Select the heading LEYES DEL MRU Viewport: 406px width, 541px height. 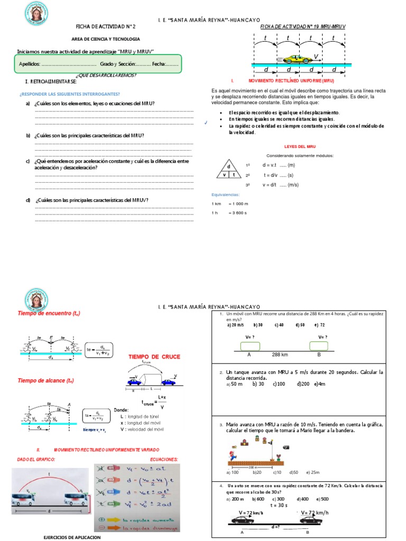click(300, 146)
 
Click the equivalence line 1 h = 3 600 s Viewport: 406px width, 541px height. click(229, 213)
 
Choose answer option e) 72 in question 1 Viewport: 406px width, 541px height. click(319, 325)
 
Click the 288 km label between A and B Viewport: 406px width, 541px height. click(280, 355)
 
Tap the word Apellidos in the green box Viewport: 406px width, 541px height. click(29, 64)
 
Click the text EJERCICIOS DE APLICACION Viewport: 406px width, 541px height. click(71, 537)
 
